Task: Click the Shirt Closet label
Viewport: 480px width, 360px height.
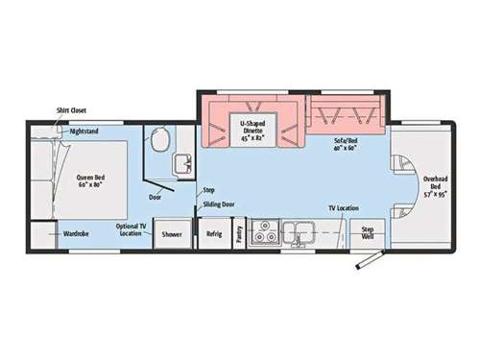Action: pyautogui.click(x=71, y=110)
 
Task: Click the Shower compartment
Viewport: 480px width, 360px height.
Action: pyautogui.click(x=173, y=233)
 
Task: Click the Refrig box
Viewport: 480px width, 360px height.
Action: pyautogui.click(x=214, y=233)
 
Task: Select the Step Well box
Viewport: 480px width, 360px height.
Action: pyautogui.click(x=368, y=231)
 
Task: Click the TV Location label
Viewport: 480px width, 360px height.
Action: pyautogui.click(x=345, y=206)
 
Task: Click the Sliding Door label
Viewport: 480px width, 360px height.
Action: pyautogui.click(x=219, y=204)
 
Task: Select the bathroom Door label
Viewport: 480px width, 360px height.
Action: pyautogui.click(x=155, y=198)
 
